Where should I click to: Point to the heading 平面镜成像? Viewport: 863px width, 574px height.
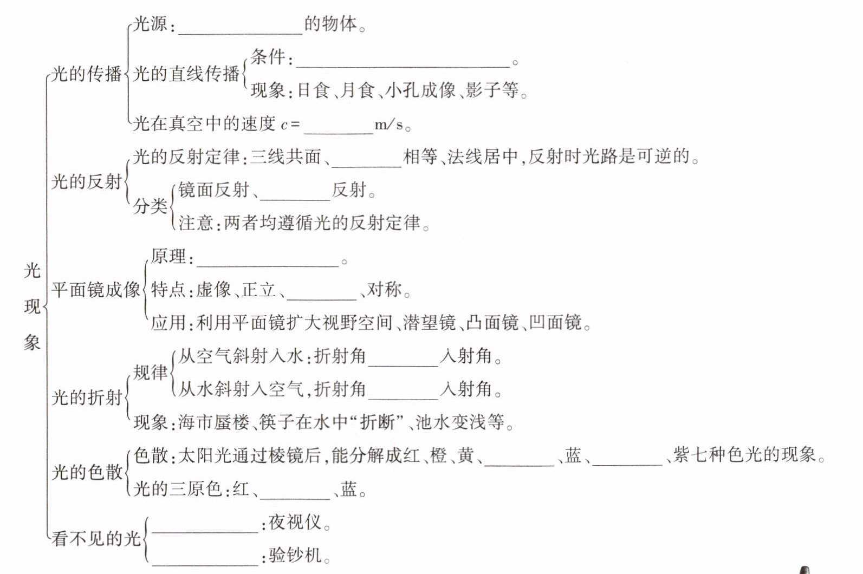95,290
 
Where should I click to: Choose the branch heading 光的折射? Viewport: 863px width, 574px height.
87,398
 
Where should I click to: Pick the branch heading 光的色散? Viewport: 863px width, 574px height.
87,472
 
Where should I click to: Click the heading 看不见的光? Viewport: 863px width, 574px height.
95,539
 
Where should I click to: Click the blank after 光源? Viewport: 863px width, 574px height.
240,27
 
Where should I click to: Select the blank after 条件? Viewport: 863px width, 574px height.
402,61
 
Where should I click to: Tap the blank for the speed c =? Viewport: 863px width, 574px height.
339,127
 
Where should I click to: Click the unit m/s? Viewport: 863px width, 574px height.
389,125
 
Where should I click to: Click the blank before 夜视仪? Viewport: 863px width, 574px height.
205,526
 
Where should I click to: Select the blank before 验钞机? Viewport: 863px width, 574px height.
205,559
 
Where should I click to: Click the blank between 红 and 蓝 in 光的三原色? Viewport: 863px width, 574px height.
295,493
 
